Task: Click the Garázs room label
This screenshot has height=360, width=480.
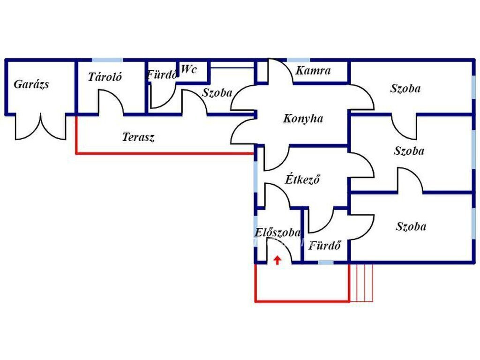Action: pos(31,84)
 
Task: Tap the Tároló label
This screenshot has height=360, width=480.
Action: pos(105,77)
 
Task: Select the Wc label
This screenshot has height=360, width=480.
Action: pos(188,69)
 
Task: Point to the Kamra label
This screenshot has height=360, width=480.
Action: pos(313,71)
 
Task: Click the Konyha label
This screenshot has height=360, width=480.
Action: pos(303,119)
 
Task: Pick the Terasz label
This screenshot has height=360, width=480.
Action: pos(138,137)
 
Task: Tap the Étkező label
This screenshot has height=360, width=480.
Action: pos(302,179)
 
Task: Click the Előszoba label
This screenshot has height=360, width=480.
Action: pos(277,232)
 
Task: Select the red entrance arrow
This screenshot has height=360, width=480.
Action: pos(277,260)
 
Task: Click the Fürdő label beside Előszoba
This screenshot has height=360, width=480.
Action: pos(324,245)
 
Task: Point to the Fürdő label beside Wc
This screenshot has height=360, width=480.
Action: pos(162,74)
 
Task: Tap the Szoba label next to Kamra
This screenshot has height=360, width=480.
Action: pos(405,88)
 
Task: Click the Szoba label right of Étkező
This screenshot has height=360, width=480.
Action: pos(409,151)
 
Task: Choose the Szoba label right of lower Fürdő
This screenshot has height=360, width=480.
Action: pos(411,226)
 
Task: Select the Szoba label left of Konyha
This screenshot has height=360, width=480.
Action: pos(217,93)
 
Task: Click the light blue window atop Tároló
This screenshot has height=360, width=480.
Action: pos(107,60)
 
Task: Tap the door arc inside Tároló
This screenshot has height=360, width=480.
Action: pos(111,102)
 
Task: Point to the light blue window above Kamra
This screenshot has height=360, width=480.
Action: pos(299,60)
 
